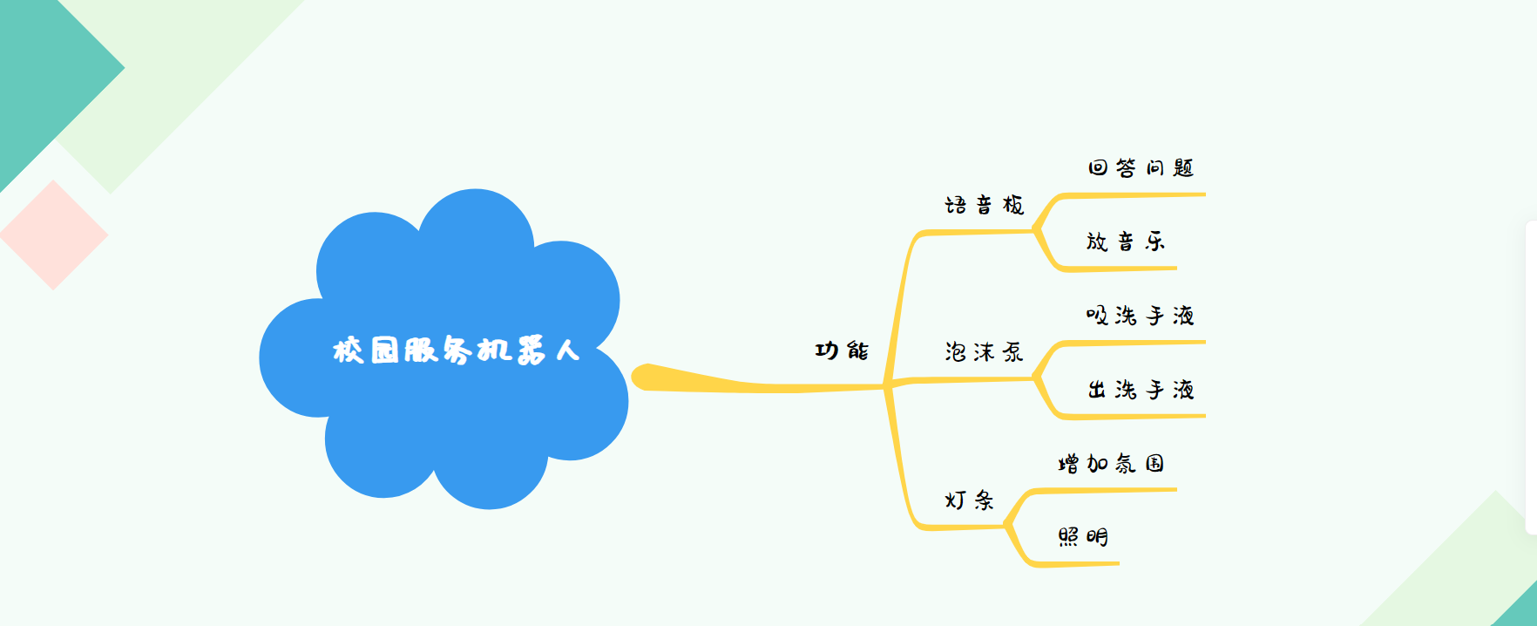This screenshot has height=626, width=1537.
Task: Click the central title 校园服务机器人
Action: (x=456, y=350)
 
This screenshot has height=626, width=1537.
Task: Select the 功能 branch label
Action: (x=842, y=350)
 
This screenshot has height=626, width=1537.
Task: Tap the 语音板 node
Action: (x=985, y=205)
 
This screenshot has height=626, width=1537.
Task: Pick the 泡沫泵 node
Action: (x=985, y=351)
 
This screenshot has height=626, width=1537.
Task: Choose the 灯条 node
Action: (x=970, y=500)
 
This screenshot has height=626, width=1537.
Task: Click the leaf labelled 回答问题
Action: (x=1141, y=167)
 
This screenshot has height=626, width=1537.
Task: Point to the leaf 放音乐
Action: (x=1126, y=242)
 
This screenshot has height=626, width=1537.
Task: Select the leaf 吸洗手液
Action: (x=1141, y=315)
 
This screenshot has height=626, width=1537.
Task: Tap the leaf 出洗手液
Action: (x=1141, y=389)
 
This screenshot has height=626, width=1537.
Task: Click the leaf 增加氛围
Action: (x=1112, y=463)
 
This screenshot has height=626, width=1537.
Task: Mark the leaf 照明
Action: (x=1083, y=536)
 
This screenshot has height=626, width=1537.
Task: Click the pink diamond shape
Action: (x=54, y=235)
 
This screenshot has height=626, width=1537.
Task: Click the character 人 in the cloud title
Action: (x=567, y=350)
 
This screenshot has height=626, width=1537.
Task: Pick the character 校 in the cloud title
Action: (x=348, y=350)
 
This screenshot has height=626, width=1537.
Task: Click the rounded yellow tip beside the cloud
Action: (x=641, y=378)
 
